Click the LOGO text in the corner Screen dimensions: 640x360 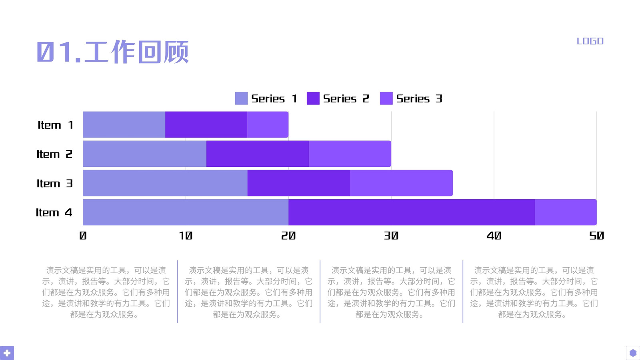tap(590, 41)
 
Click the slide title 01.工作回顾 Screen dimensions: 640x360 tap(113, 52)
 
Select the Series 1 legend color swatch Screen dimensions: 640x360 tap(241, 98)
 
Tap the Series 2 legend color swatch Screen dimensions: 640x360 tap(313, 98)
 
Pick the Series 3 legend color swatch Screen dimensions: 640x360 tap(386, 98)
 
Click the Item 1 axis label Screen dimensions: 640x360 tap(56, 125)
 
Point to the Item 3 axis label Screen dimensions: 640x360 tap(54, 183)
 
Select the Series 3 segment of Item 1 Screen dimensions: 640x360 tap(268, 124)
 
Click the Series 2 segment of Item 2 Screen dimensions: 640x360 tap(258, 154)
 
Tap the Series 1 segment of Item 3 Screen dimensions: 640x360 tap(165, 183)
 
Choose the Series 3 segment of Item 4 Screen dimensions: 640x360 tap(566, 212)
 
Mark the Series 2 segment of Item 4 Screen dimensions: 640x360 tap(412, 212)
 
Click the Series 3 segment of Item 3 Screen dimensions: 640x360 tap(402, 183)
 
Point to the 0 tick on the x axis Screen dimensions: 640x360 tap(83, 236)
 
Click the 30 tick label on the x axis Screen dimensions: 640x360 tap(391, 236)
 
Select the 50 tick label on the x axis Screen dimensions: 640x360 tap(596, 236)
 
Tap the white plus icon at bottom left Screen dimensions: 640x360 tap(7, 353)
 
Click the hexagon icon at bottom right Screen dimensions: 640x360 tap(633, 353)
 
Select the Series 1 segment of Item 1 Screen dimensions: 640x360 tap(124, 124)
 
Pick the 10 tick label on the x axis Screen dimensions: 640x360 tap(186, 236)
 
